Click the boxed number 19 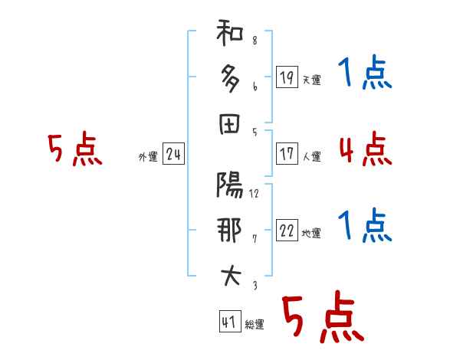coord(287,77)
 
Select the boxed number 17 coord(287,153)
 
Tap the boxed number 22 coord(287,231)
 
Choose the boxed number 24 coord(173,155)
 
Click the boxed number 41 coord(228,321)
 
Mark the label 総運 coord(254,325)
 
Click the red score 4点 coord(365,148)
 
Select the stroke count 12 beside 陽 coord(255,193)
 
